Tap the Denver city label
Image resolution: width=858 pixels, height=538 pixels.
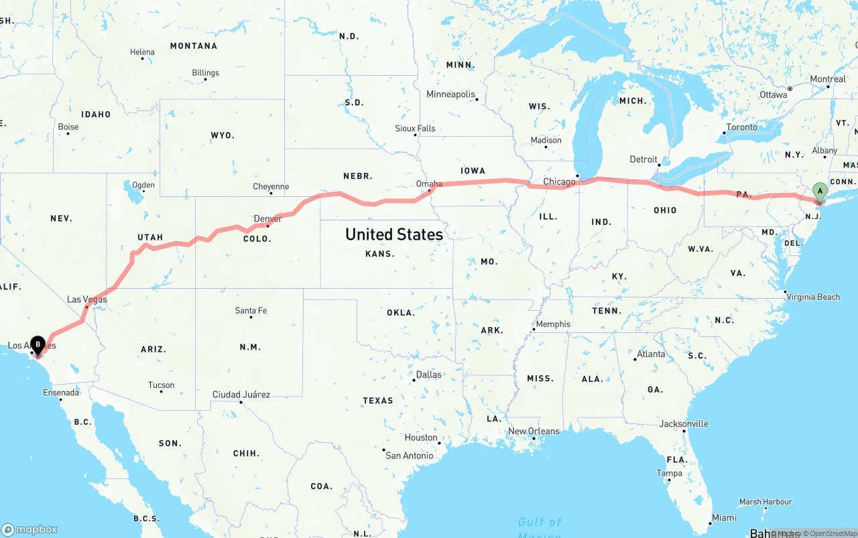[268, 218]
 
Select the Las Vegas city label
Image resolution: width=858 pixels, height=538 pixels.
[87, 299]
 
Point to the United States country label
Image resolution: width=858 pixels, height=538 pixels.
[394, 234]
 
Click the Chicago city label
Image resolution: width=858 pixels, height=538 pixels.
[559, 182]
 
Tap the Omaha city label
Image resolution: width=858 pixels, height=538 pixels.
[429, 184]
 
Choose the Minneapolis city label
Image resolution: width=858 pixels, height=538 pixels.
[450, 94]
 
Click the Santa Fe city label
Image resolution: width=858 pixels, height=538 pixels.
[251, 310]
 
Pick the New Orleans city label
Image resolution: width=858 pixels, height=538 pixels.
[534, 431]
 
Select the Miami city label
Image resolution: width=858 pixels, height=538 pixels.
[724, 517]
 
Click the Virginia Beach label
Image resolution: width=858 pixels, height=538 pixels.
[813, 297]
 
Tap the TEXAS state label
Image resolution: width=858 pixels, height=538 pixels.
[378, 401]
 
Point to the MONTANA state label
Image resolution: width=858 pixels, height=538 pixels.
[194, 46]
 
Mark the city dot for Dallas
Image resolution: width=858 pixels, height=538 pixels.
[414, 380]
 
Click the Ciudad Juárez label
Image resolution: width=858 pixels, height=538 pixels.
[241, 395]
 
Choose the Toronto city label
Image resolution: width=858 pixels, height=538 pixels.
[741, 127]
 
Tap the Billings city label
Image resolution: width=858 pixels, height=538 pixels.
[205, 72]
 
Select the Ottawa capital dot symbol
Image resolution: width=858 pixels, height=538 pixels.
[790, 88]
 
